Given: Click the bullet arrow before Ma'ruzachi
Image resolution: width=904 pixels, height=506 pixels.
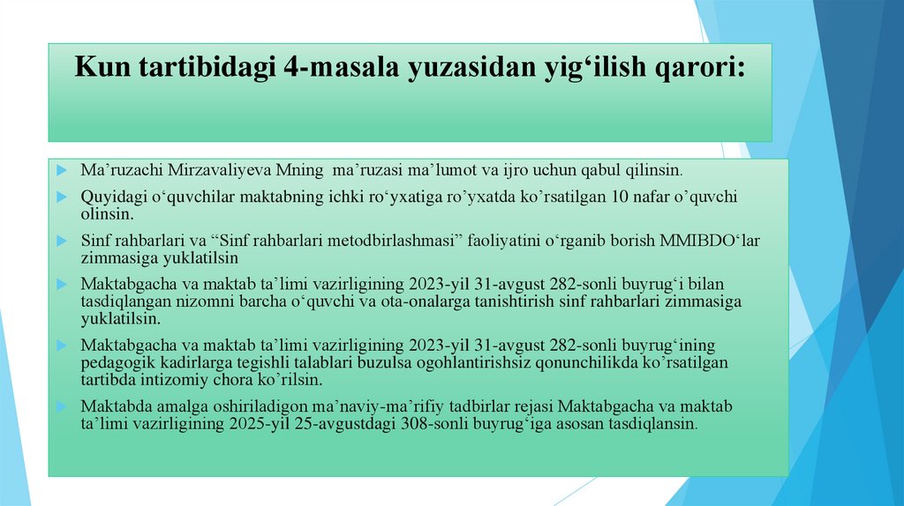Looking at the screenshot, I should pos(58,168).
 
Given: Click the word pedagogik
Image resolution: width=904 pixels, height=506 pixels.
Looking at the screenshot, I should pos(116,362).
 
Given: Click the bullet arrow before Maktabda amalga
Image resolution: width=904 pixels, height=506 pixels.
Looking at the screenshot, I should pos(58,406).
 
